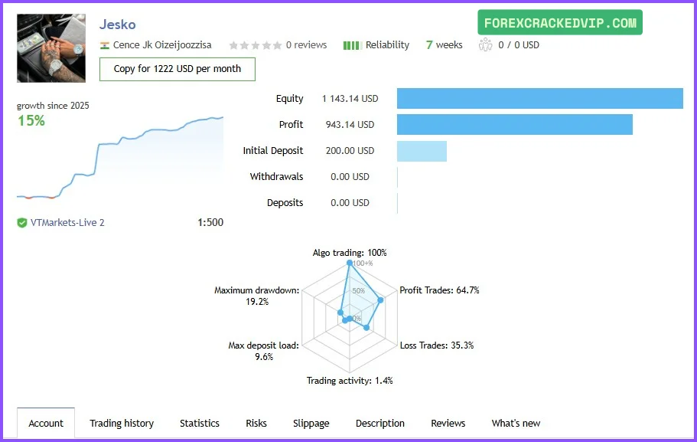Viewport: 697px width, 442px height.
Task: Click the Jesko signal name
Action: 117,25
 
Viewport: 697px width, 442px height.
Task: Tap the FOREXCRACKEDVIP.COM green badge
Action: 560,23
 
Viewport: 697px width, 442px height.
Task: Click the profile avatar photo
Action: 51,47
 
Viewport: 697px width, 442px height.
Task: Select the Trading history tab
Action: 122,423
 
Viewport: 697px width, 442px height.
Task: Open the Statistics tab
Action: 200,423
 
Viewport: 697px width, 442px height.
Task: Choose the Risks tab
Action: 256,423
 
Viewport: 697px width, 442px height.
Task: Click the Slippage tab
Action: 311,423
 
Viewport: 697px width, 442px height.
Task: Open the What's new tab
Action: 516,423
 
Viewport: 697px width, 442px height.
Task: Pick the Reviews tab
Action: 448,423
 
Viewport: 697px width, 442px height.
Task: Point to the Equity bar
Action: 539,99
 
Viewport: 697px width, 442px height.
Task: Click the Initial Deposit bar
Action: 422,151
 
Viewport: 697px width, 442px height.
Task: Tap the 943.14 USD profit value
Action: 350,125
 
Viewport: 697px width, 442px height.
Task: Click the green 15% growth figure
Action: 31,121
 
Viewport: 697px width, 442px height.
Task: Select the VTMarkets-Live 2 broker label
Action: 67,223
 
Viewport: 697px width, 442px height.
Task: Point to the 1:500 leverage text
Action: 210,223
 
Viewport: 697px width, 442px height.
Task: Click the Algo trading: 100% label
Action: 350,253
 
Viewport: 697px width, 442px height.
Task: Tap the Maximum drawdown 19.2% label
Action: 257,296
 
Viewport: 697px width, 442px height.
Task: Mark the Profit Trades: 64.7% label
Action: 439,290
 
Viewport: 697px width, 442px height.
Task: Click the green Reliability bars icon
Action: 352,45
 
